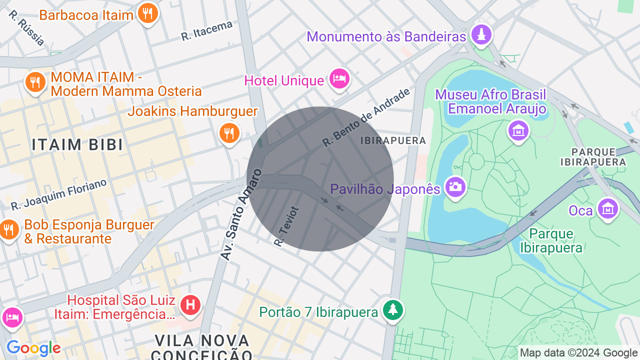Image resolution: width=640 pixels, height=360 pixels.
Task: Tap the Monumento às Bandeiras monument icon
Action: tap(481, 34)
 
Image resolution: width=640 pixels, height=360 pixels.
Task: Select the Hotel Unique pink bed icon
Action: tap(340, 78)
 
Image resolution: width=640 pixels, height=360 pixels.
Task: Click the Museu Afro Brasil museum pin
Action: tap(518, 130)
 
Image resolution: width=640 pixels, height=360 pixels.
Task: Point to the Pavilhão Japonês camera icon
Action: tap(455, 187)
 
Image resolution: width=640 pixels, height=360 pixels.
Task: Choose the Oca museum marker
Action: tap(607, 208)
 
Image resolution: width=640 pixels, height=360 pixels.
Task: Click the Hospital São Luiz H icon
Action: tap(190, 304)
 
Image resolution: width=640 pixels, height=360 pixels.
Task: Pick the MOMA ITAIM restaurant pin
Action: tap(35, 81)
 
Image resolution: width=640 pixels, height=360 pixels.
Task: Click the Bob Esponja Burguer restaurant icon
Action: tap(9, 229)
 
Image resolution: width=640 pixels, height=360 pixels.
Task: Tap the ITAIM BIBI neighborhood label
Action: tap(77, 145)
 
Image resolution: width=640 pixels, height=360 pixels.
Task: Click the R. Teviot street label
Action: tap(286, 226)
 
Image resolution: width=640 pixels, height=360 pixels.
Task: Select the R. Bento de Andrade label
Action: tap(366, 117)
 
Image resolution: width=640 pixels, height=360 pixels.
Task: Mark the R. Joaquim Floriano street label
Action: tap(59, 194)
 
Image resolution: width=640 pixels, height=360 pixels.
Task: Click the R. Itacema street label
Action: tap(207, 30)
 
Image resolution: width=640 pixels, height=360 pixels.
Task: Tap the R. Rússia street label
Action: tap(26, 28)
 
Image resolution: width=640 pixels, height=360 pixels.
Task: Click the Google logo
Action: tap(33, 348)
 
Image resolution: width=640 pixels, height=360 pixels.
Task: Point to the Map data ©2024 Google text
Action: tap(579, 353)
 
